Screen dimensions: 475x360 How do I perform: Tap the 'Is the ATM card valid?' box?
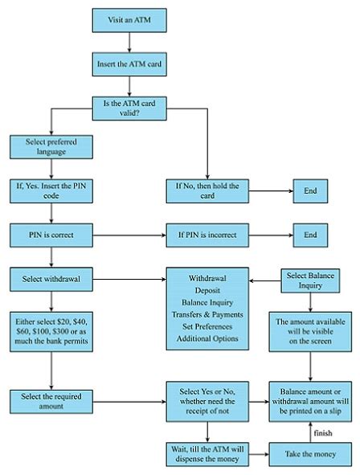pos(133,106)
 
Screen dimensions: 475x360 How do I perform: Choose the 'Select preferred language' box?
pos(51,145)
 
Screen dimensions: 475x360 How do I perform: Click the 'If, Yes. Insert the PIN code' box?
pos(51,190)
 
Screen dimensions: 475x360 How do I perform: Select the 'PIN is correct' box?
pos(51,235)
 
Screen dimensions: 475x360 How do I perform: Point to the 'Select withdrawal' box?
pos(51,279)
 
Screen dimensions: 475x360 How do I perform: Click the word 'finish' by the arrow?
pos(323,432)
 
